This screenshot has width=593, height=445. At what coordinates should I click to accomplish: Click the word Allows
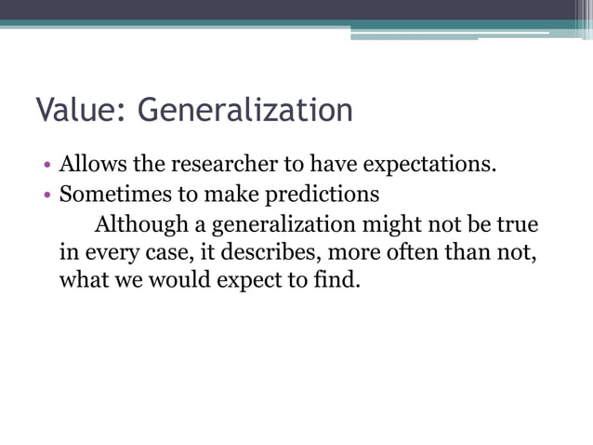90,167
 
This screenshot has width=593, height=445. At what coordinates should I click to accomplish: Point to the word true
518,224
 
